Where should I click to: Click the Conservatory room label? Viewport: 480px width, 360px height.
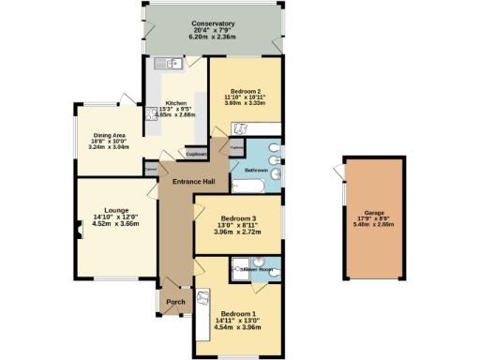tap(212, 23)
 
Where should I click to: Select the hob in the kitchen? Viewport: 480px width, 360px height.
tap(151, 114)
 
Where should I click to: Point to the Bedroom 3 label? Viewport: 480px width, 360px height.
tap(235, 217)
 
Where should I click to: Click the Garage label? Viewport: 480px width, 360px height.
tap(375, 213)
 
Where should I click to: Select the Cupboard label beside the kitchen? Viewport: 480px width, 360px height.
tap(195, 155)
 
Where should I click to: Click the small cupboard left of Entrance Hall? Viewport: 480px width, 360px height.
tap(150, 170)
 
